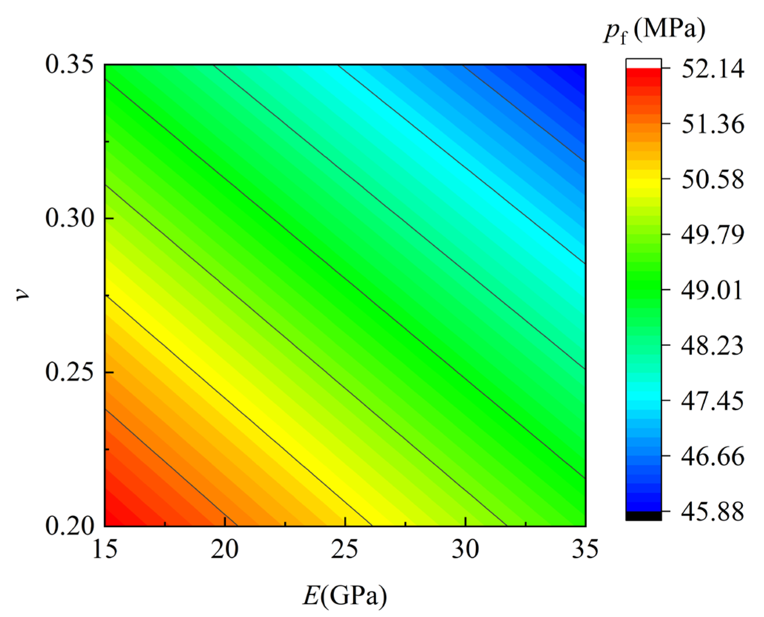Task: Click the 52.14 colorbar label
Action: click(713, 69)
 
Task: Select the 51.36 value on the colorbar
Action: click(713, 124)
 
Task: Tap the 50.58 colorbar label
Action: click(713, 179)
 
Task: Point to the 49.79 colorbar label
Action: click(713, 235)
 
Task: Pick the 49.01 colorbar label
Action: click(713, 290)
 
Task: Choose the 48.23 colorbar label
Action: click(713, 345)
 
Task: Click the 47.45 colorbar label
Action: click(713, 401)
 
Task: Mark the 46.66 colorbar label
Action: click(713, 456)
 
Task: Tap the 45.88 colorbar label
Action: click(713, 512)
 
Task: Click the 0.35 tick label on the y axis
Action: click(69, 65)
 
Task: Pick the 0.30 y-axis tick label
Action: click(69, 219)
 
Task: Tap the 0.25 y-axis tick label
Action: click(69, 372)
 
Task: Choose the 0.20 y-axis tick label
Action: click(69, 526)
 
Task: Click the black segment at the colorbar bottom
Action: click(643, 516)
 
